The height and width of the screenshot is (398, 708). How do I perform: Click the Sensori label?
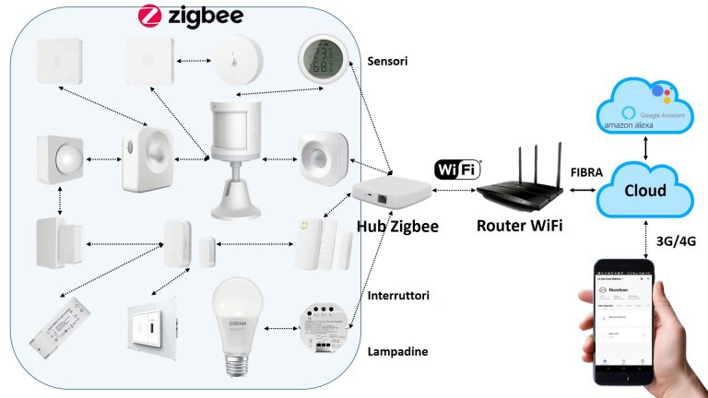click(x=386, y=62)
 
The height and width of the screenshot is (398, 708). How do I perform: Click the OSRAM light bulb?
click(x=236, y=323)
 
